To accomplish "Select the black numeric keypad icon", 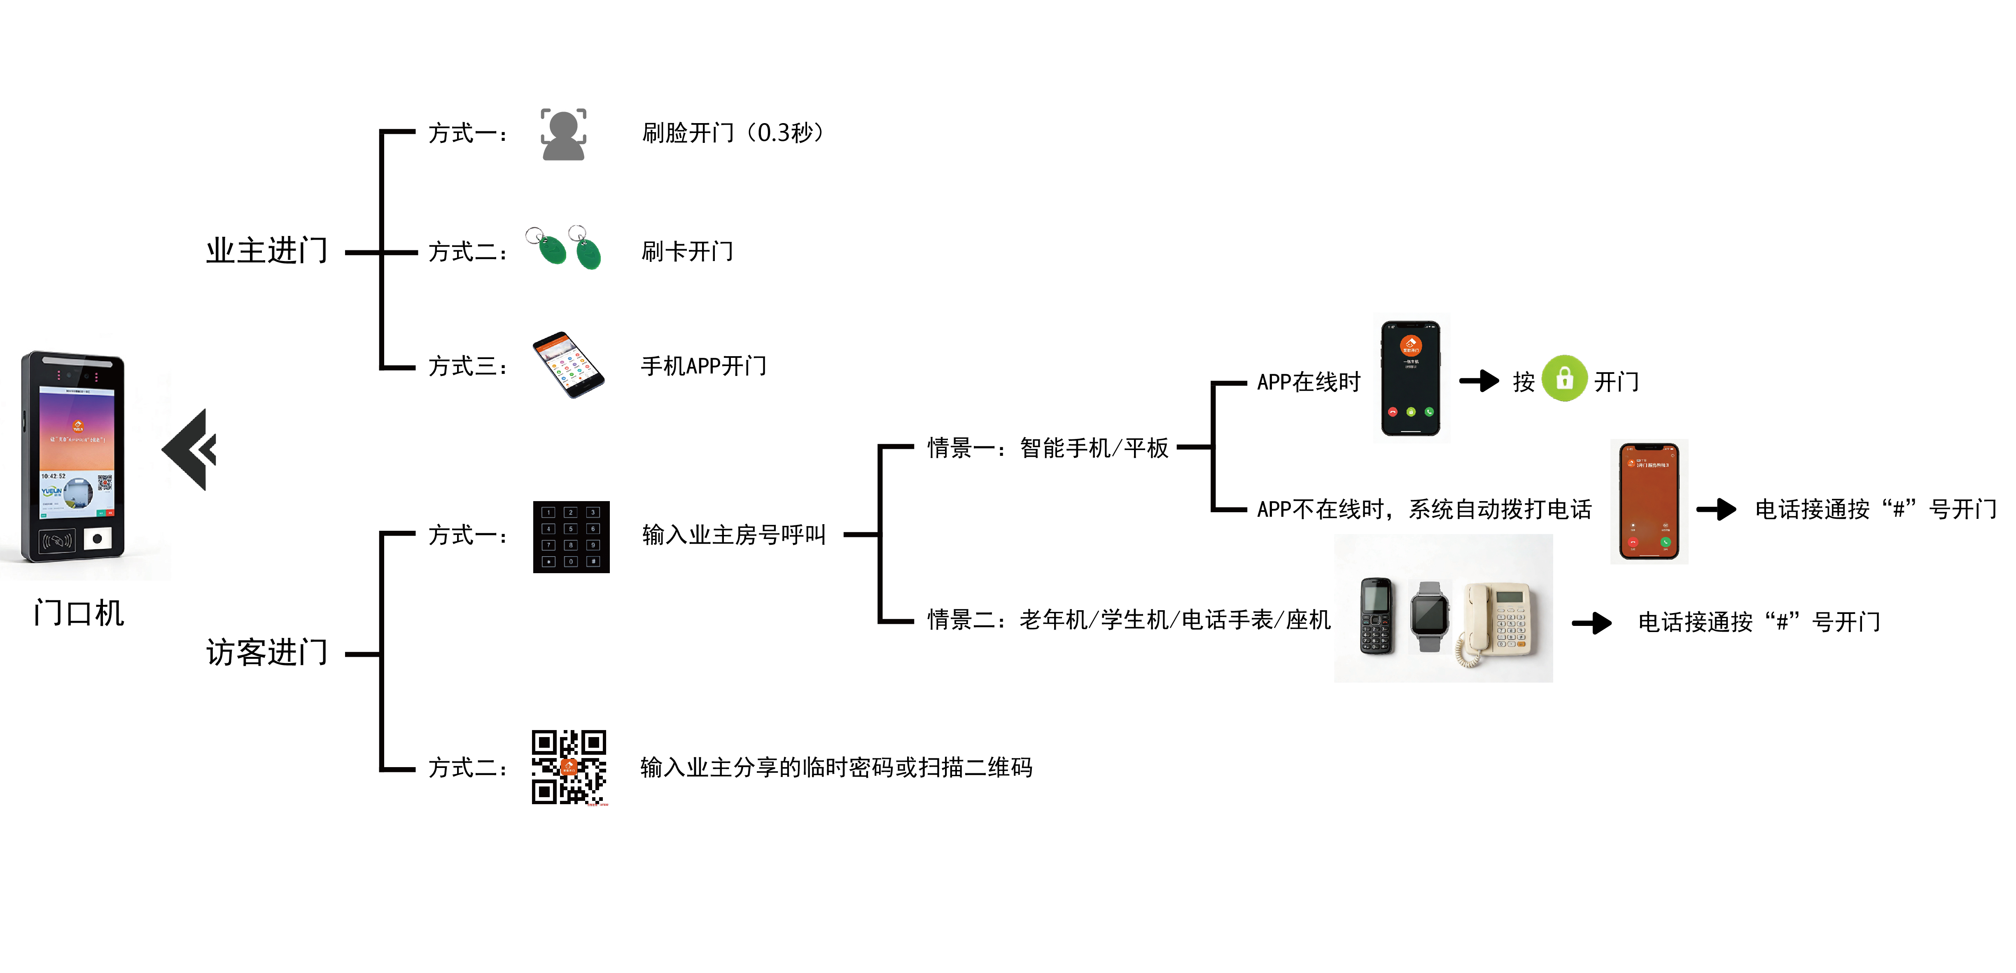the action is pyautogui.click(x=571, y=537).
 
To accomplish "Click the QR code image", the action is pyautogui.click(x=569, y=767).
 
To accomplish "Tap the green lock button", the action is pyautogui.click(x=1564, y=379).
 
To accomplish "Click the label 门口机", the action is pyautogui.click(x=79, y=613).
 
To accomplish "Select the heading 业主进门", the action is pyautogui.click(x=267, y=250).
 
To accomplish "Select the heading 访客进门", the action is pyautogui.click(x=267, y=652).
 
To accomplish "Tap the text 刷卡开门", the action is pyautogui.click(x=687, y=251).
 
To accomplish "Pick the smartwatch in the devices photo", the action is pyautogui.click(x=1430, y=616).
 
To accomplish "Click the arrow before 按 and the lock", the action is pyautogui.click(x=1479, y=381).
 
